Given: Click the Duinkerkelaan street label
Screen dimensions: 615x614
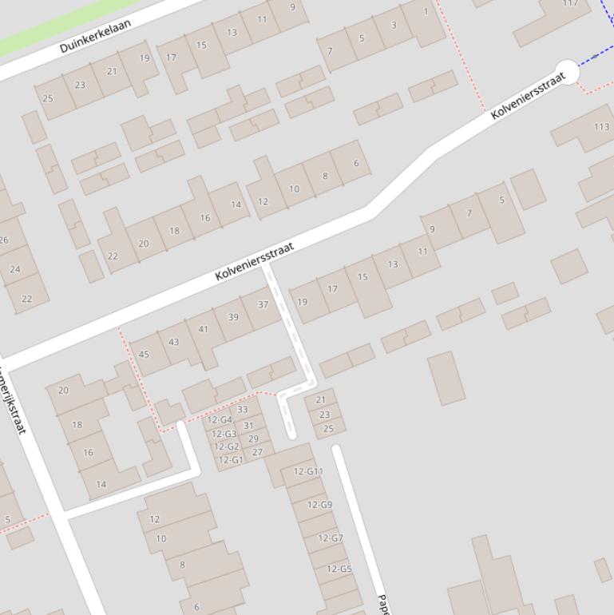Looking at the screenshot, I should click(x=95, y=36).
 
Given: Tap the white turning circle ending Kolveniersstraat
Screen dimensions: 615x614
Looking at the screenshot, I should click(x=567, y=72).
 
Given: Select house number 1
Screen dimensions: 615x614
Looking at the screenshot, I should click(x=426, y=12).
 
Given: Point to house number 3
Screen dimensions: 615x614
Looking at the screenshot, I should click(x=394, y=25).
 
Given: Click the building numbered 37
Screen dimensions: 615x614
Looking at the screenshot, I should click(x=263, y=304).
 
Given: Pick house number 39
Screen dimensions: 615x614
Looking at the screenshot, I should click(x=233, y=317).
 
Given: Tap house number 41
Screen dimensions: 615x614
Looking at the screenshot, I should click(x=203, y=329).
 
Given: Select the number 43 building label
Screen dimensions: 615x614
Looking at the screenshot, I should click(x=173, y=341).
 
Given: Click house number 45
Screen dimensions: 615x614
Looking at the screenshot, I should click(x=144, y=354).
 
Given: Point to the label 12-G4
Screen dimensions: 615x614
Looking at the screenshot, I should click(x=220, y=420).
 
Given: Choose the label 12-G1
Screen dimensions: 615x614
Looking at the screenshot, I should click(x=230, y=460).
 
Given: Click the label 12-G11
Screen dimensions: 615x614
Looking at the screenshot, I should click(x=308, y=471).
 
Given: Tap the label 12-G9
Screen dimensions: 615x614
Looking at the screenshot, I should click(x=319, y=505).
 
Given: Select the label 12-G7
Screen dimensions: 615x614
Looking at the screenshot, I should click(x=330, y=538).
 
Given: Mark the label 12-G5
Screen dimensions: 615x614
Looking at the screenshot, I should click(x=339, y=569).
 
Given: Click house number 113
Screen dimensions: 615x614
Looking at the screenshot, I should click(x=601, y=126).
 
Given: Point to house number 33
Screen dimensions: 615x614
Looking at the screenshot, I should click(x=242, y=410).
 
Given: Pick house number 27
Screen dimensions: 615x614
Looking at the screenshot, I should click(x=257, y=452).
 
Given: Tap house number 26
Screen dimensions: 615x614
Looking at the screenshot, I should click(x=3, y=240).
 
